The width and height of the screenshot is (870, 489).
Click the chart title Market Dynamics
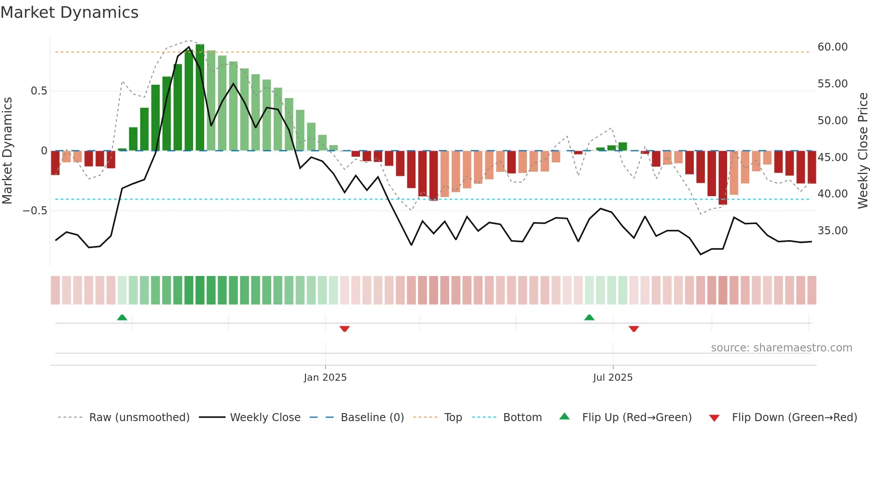tap(70, 12)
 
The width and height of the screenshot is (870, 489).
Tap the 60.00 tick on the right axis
tap(832, 47)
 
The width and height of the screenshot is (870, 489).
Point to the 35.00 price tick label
tap(832, 231)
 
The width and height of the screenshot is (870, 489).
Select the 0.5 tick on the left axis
tap(39, 91)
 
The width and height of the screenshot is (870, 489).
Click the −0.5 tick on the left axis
tap(35, 211)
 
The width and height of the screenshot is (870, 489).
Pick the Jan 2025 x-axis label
tap(325, 378)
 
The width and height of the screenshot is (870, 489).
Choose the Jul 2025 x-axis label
tap(613, 378)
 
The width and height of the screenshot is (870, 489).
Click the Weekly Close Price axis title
tap(862, 151)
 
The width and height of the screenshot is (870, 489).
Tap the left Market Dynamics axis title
tap(8, 151)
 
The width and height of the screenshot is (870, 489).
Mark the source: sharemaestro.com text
tap(781, 348)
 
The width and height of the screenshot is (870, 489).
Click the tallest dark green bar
tap(200, 98)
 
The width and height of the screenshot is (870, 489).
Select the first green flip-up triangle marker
tap(122, 317)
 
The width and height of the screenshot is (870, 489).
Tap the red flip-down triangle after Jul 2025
tap(634, 329)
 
